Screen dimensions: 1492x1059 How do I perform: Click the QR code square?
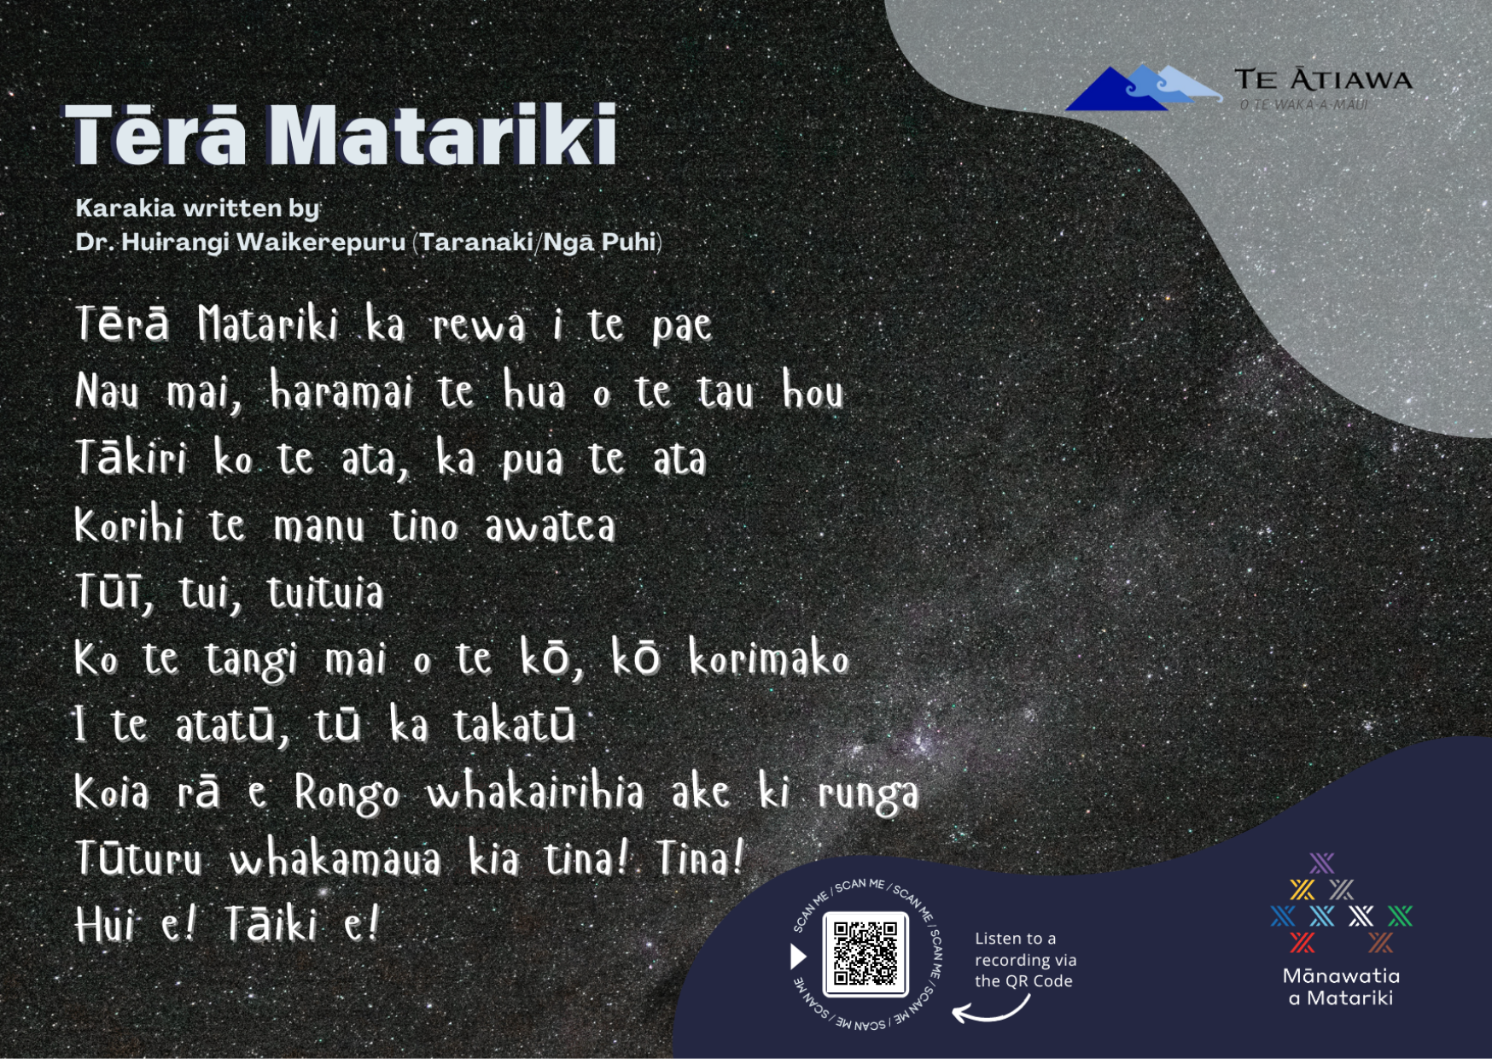[865, 954]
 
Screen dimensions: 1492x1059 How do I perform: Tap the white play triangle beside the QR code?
[798, 956]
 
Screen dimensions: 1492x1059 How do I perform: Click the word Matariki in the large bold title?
[442, 135]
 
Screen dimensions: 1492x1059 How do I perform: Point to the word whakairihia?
[535, 793]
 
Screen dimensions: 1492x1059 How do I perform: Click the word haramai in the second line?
[341, 392]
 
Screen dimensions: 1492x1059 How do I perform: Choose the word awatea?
[550, 525]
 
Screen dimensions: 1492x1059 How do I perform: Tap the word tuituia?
[325, 593]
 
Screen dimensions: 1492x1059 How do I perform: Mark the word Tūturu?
[139, 858]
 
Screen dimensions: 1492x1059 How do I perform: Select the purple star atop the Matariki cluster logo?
[1321, 863]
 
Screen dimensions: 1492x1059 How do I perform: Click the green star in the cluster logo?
[1400, 916]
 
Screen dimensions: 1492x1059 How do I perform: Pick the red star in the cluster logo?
[1303, 943]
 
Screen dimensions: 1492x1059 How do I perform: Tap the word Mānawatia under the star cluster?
[1341, 976]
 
